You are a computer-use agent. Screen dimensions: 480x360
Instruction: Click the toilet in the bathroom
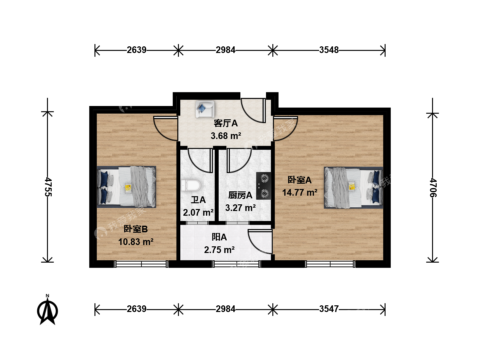click(191, 185)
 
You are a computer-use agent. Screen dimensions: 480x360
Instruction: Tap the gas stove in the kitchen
click(264, 186)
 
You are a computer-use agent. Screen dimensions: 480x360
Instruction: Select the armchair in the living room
click(205, 109)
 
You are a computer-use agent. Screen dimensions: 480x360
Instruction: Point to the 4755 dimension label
click(48, 187)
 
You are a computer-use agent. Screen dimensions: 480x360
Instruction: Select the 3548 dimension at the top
click(329, 50)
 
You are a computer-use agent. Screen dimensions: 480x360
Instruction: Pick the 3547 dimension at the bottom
click(329, 309)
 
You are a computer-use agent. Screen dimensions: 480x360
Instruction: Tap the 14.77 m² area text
click(300, 193)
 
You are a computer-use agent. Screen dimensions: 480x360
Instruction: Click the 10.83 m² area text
click(136, 242)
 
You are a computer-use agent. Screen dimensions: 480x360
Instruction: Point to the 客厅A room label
click(226, 123)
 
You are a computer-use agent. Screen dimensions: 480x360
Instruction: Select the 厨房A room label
click(240, 195)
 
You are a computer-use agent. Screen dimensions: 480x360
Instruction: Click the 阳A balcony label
click(219, 237)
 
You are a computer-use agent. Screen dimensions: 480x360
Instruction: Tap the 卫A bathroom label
click(198, 200)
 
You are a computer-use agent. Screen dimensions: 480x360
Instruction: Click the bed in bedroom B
click(126, 187)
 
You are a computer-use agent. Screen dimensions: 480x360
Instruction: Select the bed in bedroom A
click(353, 188)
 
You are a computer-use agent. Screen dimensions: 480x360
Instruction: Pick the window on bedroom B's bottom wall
click(141, 264)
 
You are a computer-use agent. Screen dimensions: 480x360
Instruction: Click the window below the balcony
click(236, 264)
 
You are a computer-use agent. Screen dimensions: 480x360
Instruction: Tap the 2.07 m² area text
click(198, 212)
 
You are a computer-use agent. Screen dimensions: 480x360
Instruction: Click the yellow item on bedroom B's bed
click(128, 188)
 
